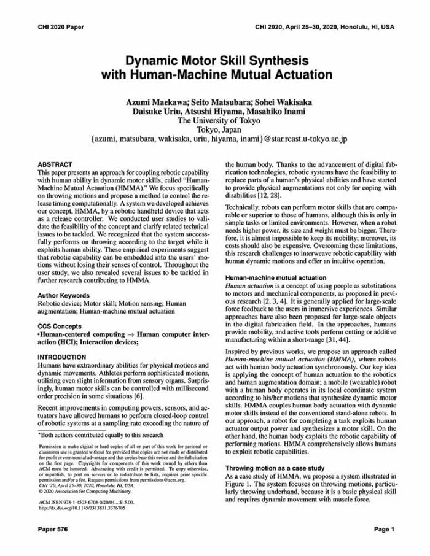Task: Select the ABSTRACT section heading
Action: tap(55, 165)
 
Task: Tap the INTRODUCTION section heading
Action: tap(62, 357)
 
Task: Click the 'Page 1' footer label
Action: tap(383, 529)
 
